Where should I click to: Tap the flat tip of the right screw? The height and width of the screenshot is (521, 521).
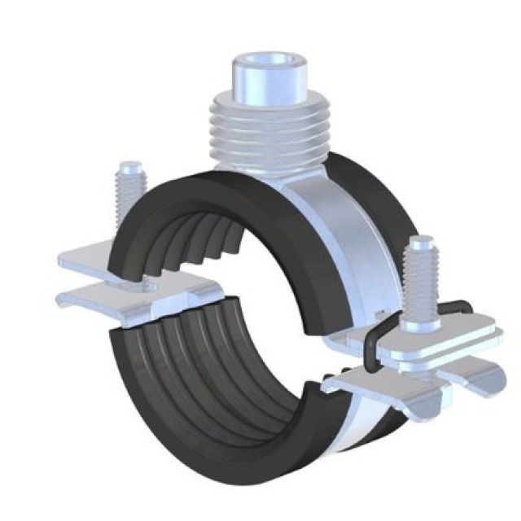pyautogui.click(x=421, y=242)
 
